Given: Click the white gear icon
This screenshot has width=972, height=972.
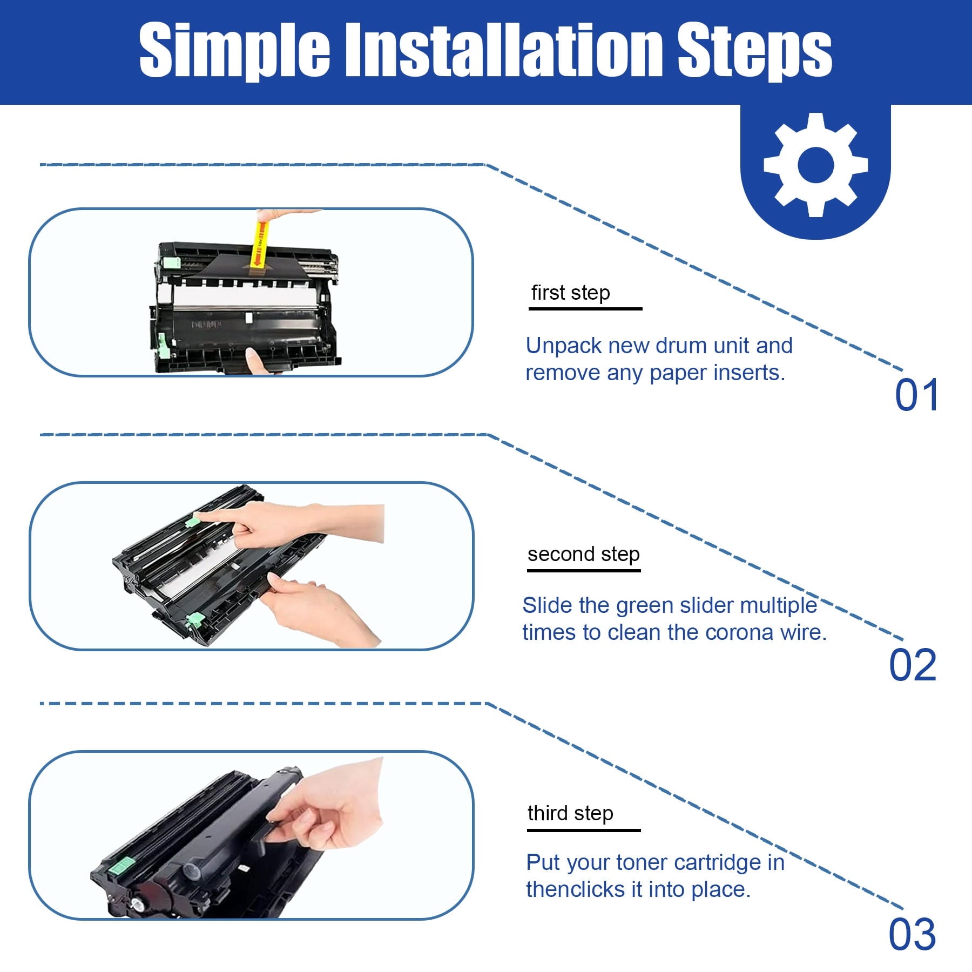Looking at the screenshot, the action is click(x=815, y=165).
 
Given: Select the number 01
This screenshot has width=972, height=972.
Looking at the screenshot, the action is click(x=917, y=395).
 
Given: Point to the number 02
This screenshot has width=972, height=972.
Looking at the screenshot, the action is click(x=913, y=665).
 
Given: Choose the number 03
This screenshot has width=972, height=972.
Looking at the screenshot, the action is click(x=913, y=934).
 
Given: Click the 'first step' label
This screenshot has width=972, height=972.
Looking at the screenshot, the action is click(x=571, y=293).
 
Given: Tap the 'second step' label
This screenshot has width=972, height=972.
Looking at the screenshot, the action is click(x=584, y=554).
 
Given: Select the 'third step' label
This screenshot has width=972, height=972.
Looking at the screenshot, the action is click(x=571, y=813).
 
